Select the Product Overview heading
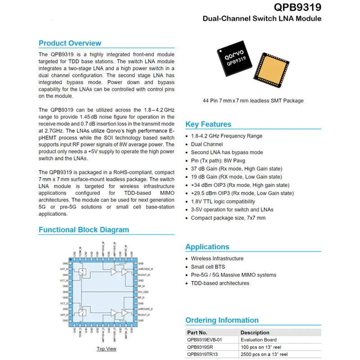coord(70,43)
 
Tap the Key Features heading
coord(208,124)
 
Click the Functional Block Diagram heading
coord(84,229)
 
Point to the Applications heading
coord(207,247)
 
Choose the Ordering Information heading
coord(221,320)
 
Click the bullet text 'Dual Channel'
coord(207,144)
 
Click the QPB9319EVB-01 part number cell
coord(205,340)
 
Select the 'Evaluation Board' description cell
coord(258,340)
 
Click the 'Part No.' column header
coord(197,333)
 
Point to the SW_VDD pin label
coord(143,292)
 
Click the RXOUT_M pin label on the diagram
coord(144,274)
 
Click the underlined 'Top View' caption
coord(107,349)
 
